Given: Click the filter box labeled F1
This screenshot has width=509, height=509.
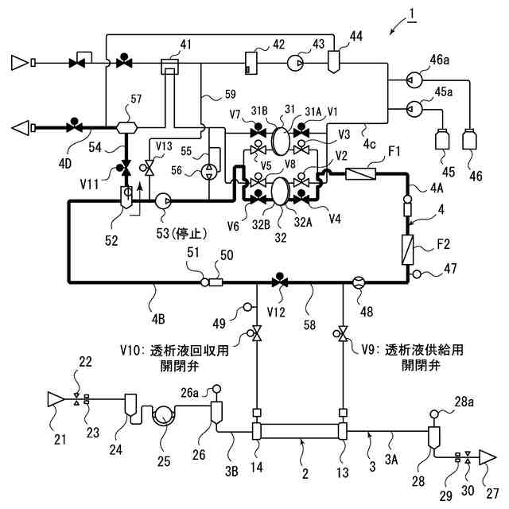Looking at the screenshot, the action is [x=360, y=174].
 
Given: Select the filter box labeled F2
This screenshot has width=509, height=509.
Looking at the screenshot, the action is [x=408, y=250].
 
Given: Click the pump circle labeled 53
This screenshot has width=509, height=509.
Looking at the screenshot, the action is [x=163, y=201].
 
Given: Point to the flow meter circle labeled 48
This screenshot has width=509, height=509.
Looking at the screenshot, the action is [x=359, y=282].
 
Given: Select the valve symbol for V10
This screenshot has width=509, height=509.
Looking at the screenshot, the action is [x=256, y=333].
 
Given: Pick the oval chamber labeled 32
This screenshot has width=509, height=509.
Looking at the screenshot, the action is [x=280, y=191].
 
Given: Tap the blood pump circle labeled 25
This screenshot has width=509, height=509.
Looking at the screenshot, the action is [x=165, y=415].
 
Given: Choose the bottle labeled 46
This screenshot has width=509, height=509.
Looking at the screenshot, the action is [x=470, y=140].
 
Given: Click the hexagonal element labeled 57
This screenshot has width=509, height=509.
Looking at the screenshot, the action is [x=126, y=127].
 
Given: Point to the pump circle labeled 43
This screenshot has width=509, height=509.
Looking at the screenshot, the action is [x=295, y=63].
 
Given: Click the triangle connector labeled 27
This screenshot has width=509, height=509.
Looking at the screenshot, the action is [x=488, y=457].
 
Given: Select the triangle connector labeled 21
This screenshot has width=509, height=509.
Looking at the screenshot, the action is [x=55, y=399].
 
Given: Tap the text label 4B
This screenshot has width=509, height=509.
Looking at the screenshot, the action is [x=158, y=320].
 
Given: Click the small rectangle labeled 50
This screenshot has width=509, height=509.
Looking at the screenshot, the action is [x=216, y=282].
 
